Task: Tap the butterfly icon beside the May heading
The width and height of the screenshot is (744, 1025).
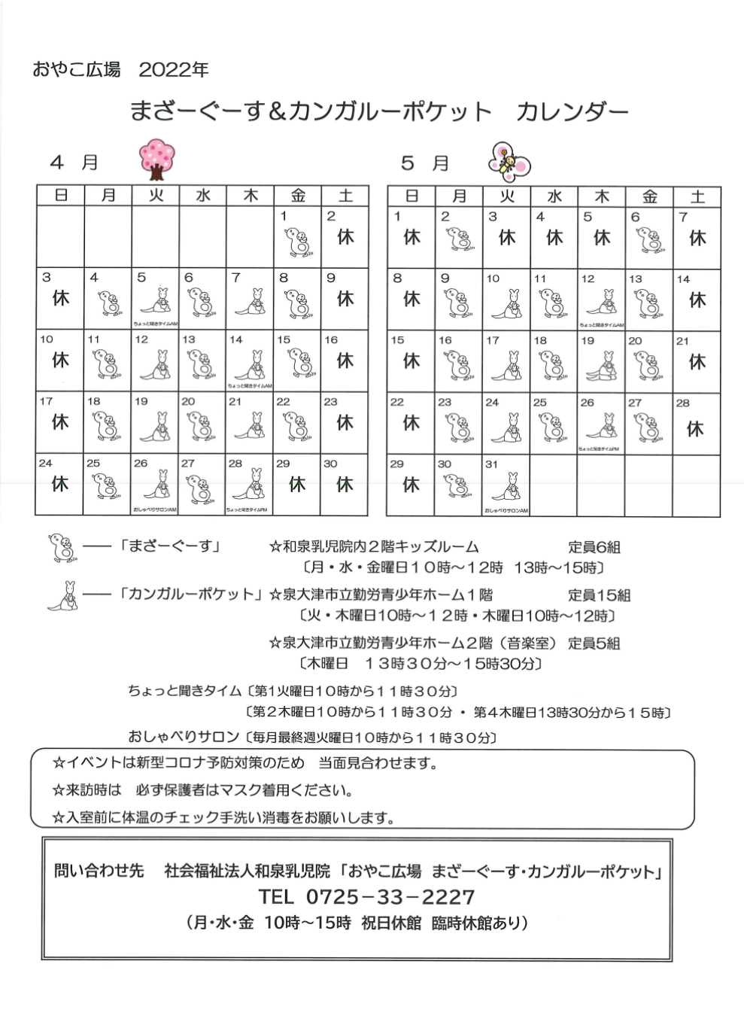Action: click(x=509, y=160)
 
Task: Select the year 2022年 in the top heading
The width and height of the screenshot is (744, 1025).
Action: click(x=174, y=70)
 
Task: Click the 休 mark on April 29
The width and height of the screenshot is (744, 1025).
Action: click(x=298, y=485)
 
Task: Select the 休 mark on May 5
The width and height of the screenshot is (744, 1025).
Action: click(x=602, y=238)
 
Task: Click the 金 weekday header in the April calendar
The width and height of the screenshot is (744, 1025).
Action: click(x=298, y=196)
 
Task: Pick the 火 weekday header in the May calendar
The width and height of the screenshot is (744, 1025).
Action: click(x=507, y=196)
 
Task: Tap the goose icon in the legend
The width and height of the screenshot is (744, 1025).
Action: click(x=62, y=547)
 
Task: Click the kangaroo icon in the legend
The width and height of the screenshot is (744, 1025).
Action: click(x=64, y=595)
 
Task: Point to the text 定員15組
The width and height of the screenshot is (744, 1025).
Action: click(x=599, y=595)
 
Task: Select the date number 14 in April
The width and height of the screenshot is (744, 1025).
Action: click(x=236, y=340)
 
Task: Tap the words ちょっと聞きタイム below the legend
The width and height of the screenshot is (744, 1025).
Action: click(x=184, y=690)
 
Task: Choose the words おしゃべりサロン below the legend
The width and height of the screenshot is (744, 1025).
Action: click(x=184, y=737)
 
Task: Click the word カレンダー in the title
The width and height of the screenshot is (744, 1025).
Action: click(x=572, y=112)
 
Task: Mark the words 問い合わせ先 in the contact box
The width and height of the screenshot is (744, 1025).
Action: click(x=99, y=871)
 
